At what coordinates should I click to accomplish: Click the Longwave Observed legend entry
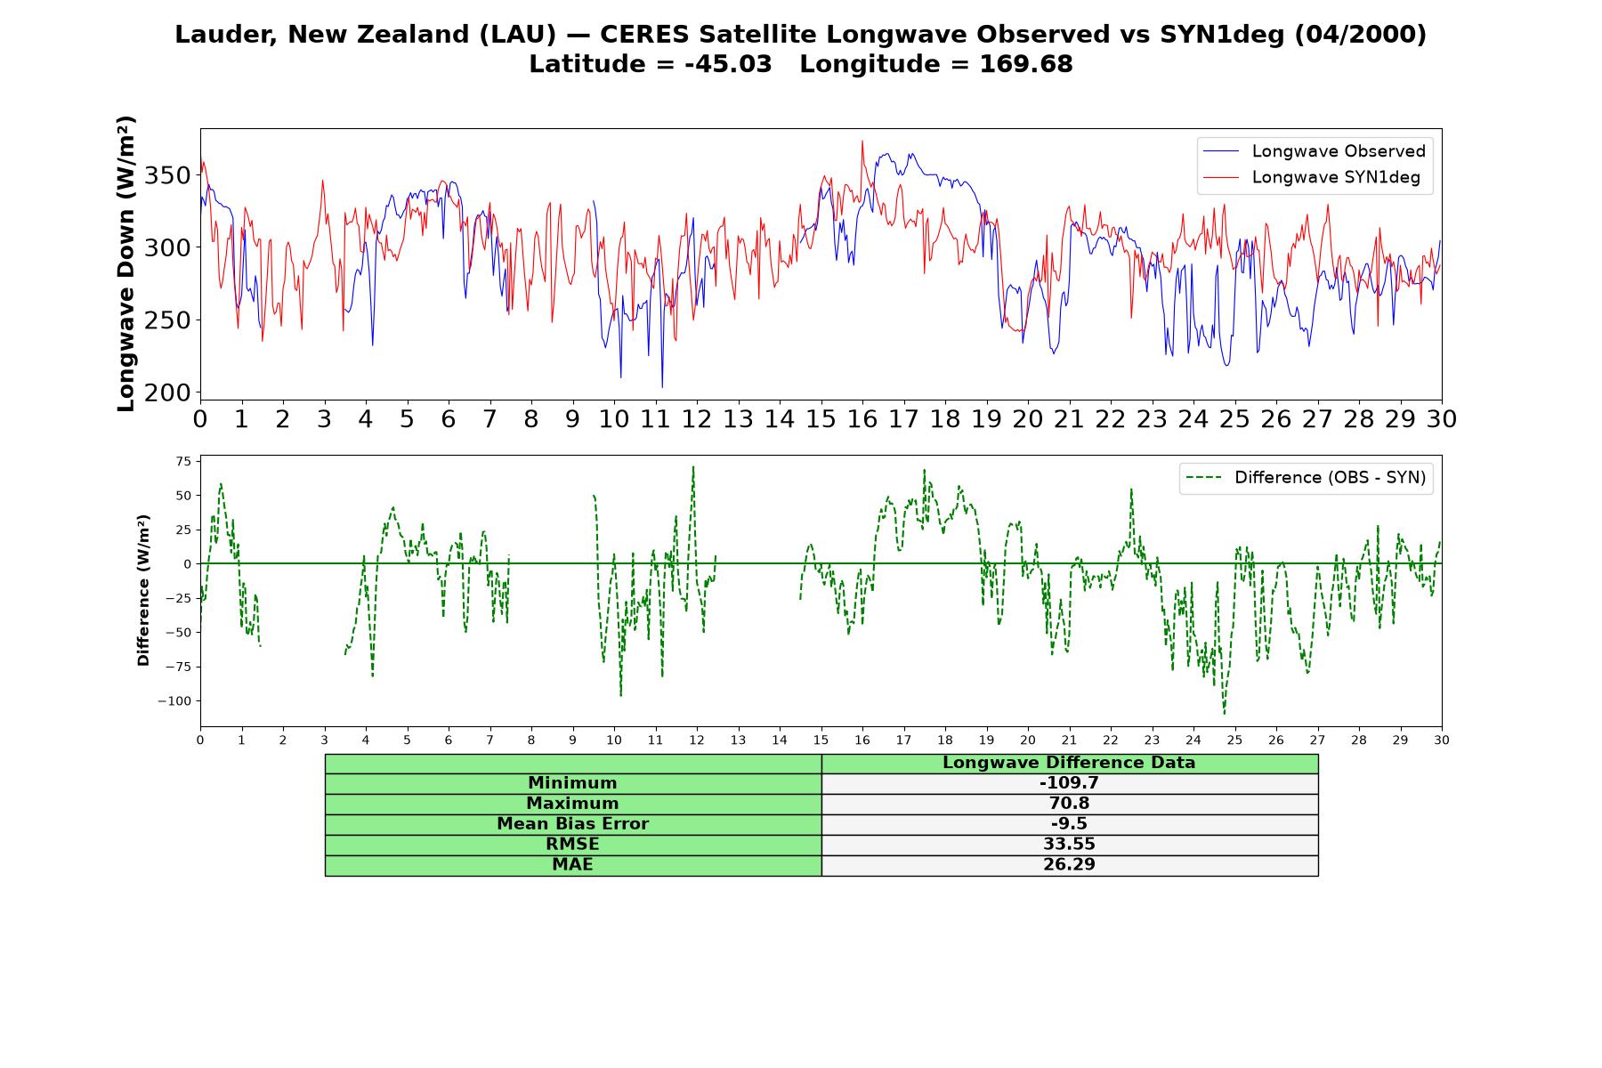pyautogui.click(x=1315, y=151)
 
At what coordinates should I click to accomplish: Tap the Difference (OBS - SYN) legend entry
pyautogui.click(x=1306, y=478)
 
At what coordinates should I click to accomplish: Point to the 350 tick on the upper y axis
pyautogui.click(x=167, y=175)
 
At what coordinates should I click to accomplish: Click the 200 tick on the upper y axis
pyautogui.click(x=167, y=392)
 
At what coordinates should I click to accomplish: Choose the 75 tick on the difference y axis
pyautogui.click(x=183, y=461)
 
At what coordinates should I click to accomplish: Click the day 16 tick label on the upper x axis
pyautogui.click(x=862, y=419)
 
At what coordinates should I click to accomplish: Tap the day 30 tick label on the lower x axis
pyautogui.click(x=1442, y=740)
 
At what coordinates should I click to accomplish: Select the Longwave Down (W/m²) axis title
pyautogui.click(x=125, y=263)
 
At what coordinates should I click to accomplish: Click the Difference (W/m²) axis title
pyautogui.click(x=143, y=590)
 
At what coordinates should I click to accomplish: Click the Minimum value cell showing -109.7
pyautogui.click(x=1069, y=783)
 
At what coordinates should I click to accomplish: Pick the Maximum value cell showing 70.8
pyautogui.click(x=1069, y=804)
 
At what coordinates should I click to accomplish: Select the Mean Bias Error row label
pyautogui.click(x=572, y=824)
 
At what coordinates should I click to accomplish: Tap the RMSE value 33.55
pyautogui.click(x=1069, y=845)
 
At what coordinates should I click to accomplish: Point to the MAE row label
pyautogui.click(x=572, y=865)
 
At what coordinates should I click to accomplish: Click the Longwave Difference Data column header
pyautogui.click(x=1069, y=763)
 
